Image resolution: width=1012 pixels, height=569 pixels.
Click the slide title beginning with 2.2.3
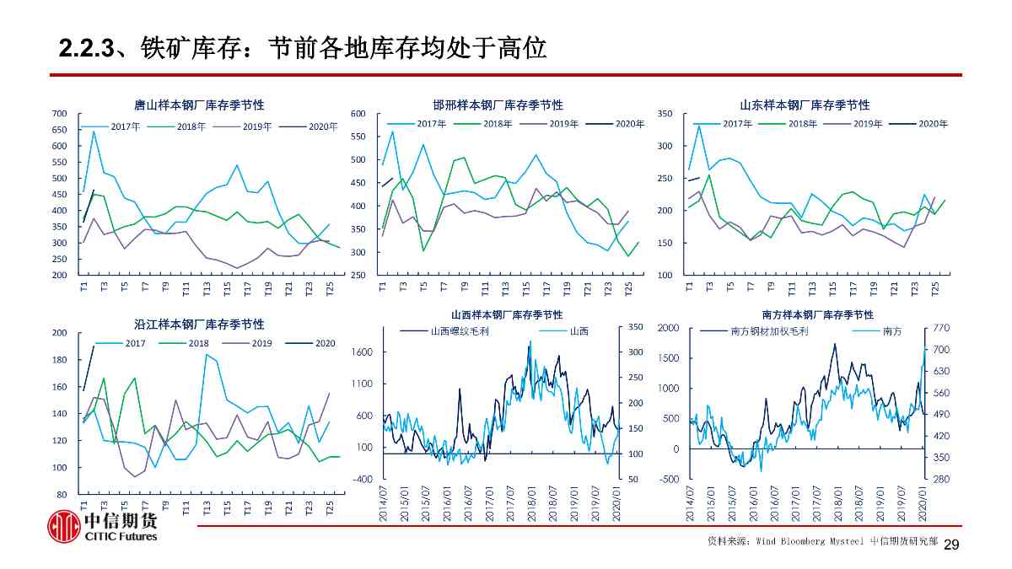pos(303,48)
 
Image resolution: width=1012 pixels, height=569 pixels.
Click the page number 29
pos(951,545)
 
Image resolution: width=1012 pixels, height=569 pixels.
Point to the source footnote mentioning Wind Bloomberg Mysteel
pos(821,541)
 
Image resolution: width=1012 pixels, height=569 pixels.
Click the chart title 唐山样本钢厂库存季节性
pos(199,105)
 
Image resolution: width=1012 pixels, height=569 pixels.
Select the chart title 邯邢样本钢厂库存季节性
pos(498,105)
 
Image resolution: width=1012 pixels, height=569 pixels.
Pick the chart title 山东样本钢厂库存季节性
pos(805,105)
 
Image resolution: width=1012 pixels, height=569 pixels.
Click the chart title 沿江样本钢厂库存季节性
pos(199,325)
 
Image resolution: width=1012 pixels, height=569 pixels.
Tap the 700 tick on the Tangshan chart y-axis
pos(59,114)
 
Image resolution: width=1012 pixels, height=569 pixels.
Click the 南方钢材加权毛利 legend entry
pos(769,331)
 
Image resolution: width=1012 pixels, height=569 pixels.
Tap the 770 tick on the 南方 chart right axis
pos(941,327)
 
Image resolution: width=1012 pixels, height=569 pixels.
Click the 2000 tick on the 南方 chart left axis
pos(668,327)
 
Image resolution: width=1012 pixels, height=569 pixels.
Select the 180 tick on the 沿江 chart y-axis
pos(59,360)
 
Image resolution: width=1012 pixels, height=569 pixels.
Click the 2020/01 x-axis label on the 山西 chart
pos(616,504)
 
